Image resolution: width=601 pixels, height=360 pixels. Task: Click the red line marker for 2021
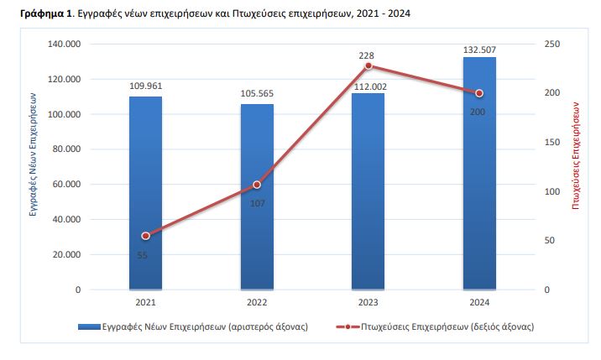tap(146, 236)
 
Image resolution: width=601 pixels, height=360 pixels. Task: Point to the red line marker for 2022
tap(257, 185)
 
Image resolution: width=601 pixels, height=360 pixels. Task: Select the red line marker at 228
tap(368, 65)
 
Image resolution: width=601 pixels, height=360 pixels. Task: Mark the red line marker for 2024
tap(479, 93)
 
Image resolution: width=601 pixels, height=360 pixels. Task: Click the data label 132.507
tap(479, 50)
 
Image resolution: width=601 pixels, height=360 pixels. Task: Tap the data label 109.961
tap(146, 86)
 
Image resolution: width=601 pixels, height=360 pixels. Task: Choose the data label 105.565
tap(257, 93)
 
